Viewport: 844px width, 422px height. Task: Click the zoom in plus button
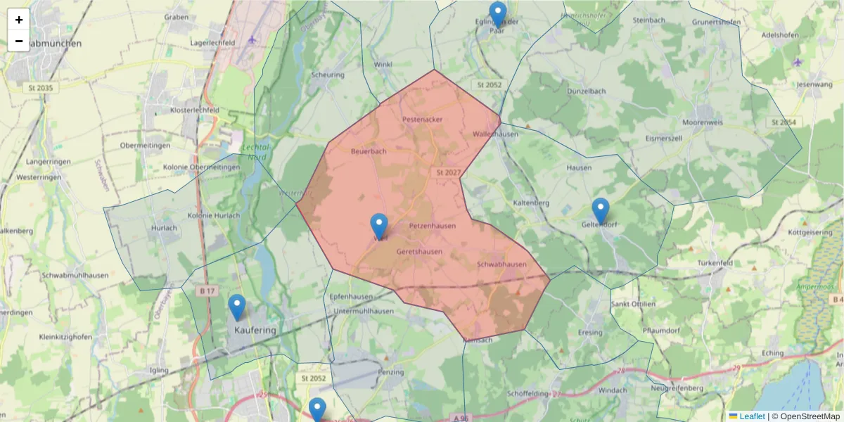[x=19, y=20]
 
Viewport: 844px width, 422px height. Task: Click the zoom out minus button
[x=19, y=41]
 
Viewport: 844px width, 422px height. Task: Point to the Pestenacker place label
[x=423, y=120]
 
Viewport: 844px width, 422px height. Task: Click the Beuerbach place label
[x=369, y=151]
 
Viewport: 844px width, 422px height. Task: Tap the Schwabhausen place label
[x=501, y=264]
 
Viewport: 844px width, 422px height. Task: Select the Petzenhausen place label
[x=433, y=226]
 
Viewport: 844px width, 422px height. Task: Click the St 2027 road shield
[x=448, y=172]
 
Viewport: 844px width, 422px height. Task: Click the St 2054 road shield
[x=783, y=122]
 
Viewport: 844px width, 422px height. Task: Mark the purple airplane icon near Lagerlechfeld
[x=252, y=39]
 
